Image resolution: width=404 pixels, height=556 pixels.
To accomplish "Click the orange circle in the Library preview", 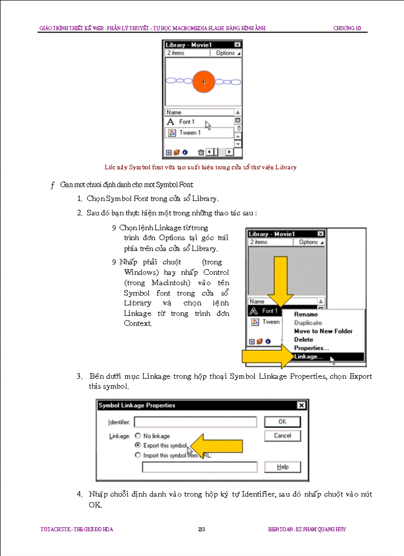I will (x=203, y=82).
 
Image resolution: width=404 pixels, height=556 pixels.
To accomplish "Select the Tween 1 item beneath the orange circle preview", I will (x=190, y=133).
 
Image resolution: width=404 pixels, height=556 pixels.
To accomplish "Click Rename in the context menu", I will (x=306, y=314).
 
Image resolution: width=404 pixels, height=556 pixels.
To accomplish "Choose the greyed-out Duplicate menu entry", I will (x=308, y=323).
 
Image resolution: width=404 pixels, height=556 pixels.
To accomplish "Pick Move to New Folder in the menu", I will (x=323, y=331).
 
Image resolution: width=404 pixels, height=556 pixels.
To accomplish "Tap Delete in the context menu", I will (x=303, y=340).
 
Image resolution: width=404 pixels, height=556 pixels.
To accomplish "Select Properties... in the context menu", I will (x=311, y=348).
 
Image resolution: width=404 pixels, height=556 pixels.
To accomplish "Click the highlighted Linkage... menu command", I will (x=308, y=356).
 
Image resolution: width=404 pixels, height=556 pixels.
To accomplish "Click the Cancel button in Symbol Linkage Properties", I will (x=282, y=436).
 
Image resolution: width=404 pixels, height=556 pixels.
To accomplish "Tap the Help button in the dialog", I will (x=282, y=467).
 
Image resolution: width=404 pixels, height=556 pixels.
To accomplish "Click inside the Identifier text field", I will (x=195, y=422).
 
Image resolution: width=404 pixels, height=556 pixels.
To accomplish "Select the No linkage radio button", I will (x=138, y=436).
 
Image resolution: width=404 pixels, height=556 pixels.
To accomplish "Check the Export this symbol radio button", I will (x=138, y=446).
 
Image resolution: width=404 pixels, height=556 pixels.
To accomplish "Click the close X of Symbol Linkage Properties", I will (x=301, y=405).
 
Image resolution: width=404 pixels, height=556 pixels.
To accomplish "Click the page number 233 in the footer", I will (x=202, y=529).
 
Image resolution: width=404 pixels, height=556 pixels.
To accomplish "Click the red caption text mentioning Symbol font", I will (x=201, y=167).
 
